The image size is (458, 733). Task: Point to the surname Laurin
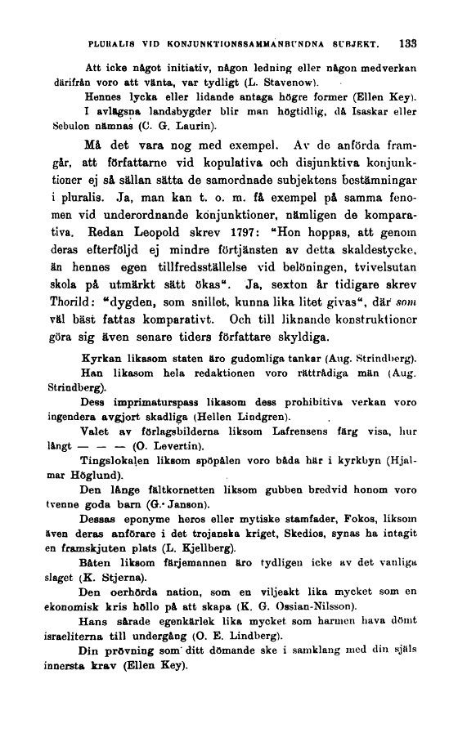tap(197, 127)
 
